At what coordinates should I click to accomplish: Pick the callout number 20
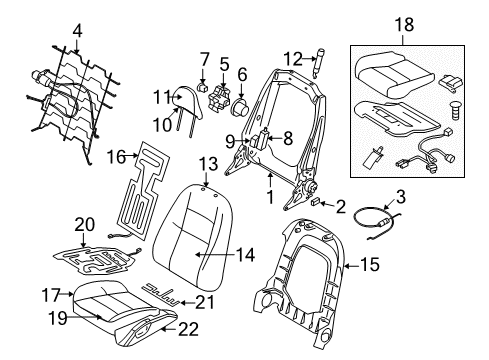[83, 224]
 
